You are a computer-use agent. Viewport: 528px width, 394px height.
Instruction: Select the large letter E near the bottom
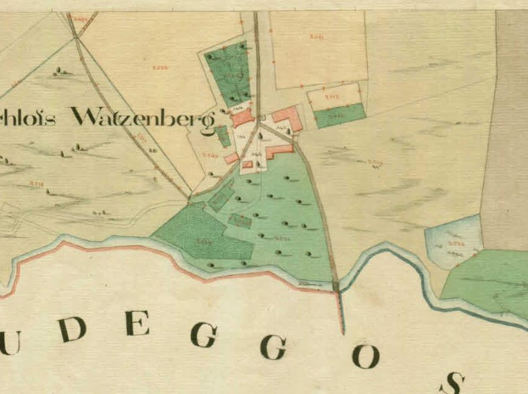click(x=138, y=324)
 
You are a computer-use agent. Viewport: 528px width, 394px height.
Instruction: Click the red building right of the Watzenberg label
click(x=242, y=120)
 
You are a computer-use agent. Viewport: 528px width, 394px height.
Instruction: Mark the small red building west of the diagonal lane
click(x=231, y=158)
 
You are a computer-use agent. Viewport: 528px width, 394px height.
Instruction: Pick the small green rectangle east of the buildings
click(x=340, y=115)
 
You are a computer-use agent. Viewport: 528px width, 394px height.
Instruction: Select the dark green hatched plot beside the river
click(x=200, y=234)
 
